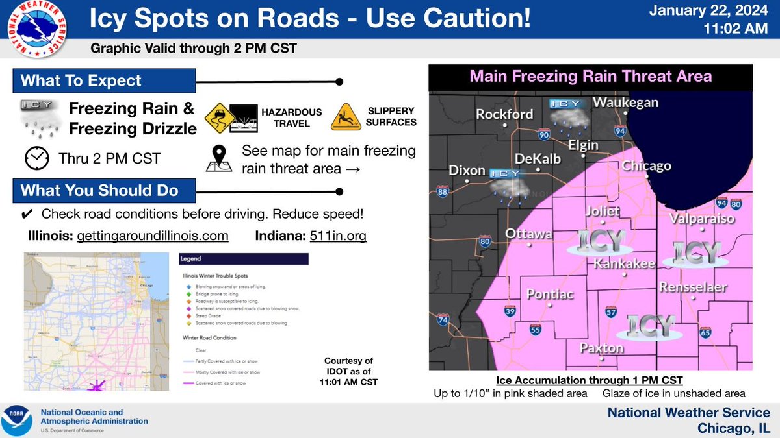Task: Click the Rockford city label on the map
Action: coord(504,114)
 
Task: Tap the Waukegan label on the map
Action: coord(625,103)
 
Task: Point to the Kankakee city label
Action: coord(624,264)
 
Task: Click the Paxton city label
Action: coord(601,348)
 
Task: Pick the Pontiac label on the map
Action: coord(550,294)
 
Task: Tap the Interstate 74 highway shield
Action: coord(443,320)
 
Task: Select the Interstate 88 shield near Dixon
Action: coord(443,191)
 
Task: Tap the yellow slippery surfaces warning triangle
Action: coord(346,117)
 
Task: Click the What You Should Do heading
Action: coord(99,191)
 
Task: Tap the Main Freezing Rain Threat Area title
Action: coord(590,77)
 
